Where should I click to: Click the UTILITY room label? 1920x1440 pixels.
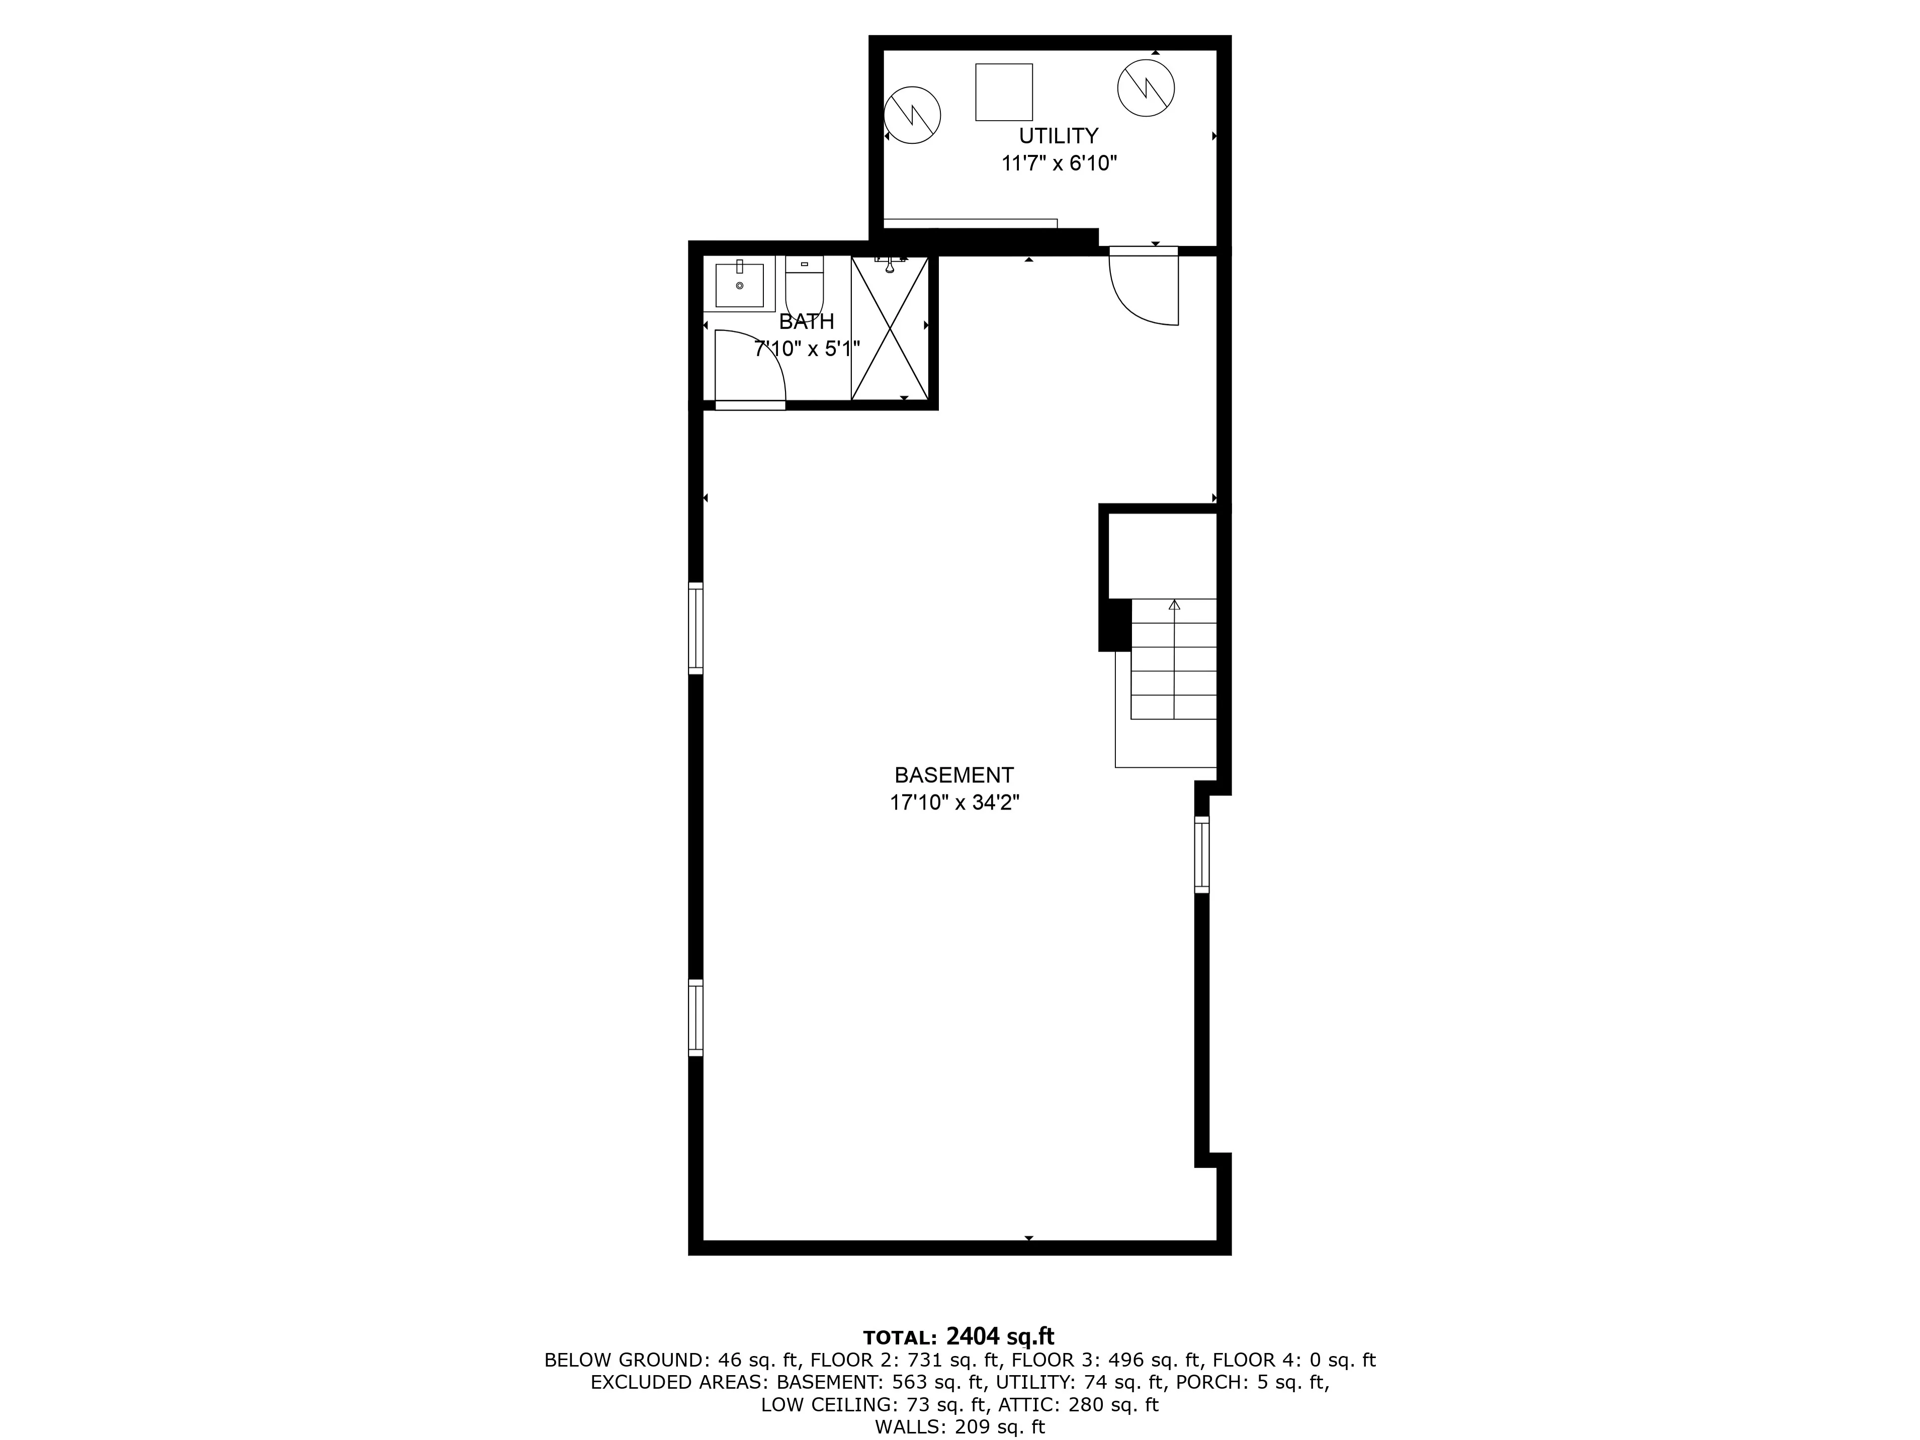[x=1058, y=136]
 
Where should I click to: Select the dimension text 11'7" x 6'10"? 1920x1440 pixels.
[x=1058, y=163]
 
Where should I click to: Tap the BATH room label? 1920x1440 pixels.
[x=806, y=322]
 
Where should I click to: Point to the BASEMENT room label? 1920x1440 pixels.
[x=954, y=775]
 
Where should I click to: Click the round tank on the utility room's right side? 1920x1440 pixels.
[x=1146, y=87]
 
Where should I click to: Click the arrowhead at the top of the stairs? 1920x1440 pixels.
[x=1174, y=604]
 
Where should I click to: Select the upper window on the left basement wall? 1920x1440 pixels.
[x=695, y=627]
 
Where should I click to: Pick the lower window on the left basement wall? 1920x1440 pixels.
[x=695, y=1017]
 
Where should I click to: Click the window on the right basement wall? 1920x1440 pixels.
[x=1201, y=855]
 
